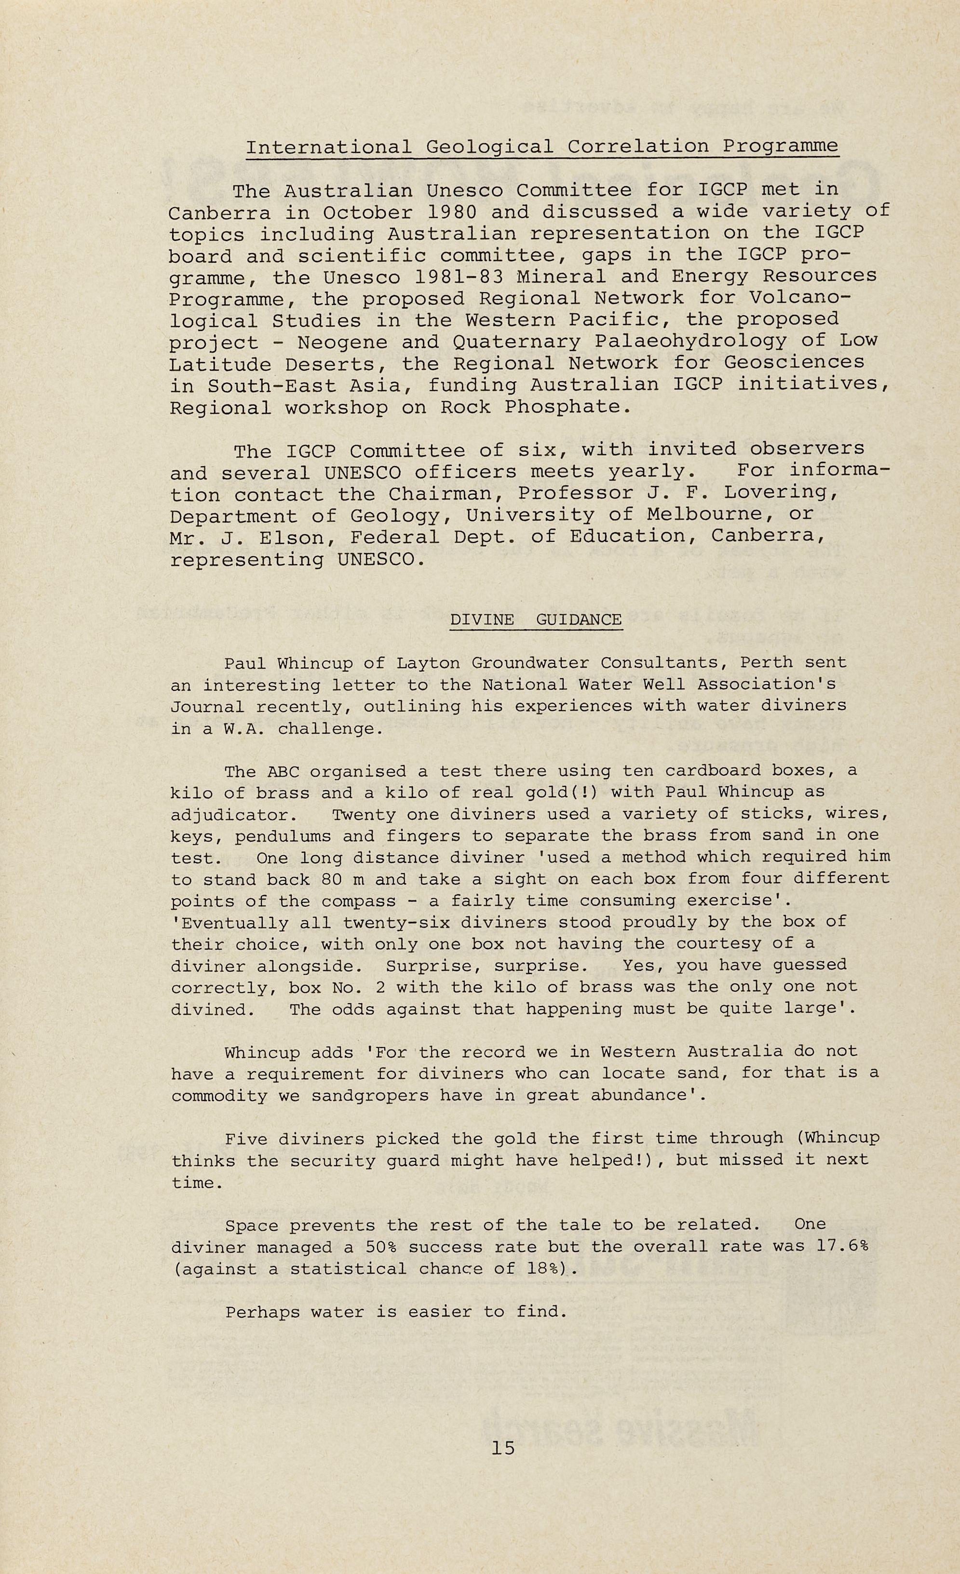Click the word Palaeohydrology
click(683, 341)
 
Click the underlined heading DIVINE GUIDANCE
click(536, 619)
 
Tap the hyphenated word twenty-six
click(392, 922)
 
